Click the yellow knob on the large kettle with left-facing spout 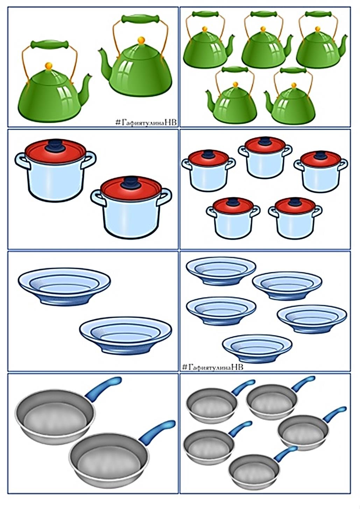point(141,40)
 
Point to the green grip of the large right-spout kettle point(50,44)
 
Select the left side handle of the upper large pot point(22,160)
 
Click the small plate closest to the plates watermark point(257,348)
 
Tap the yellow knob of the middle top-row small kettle point(263,29)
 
